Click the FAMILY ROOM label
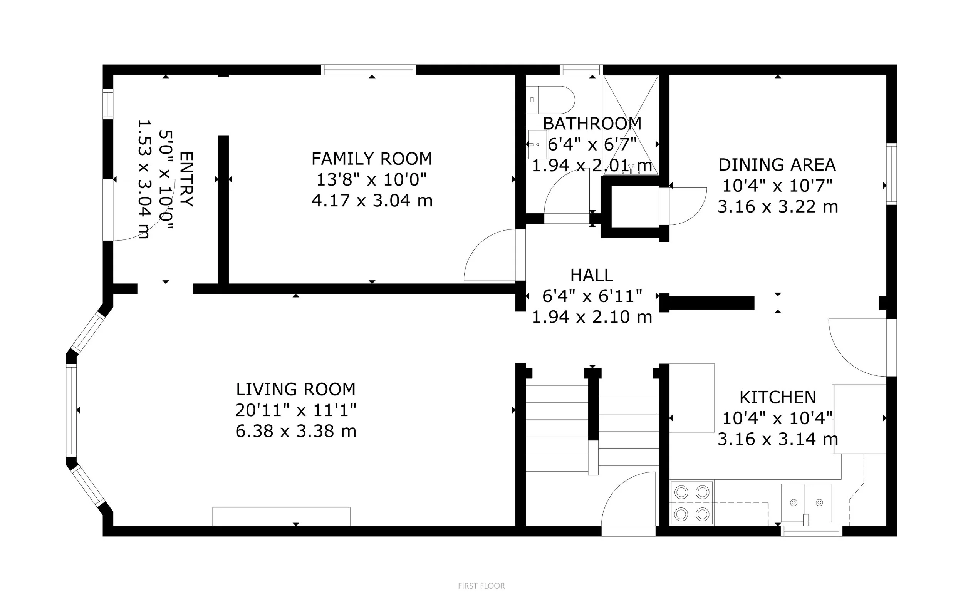coord(372,159)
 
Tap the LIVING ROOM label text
coord(296,389)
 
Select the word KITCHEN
coord(778,397)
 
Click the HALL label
coord(592,275)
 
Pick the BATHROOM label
coord(592,124)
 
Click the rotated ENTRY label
coord(186,179)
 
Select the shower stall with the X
coord(631,125)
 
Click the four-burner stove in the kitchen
coord(692,503)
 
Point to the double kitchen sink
coord(806,503)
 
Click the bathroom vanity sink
coord(538,144)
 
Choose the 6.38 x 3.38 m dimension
coord(296,431)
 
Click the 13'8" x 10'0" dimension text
coord(371,180)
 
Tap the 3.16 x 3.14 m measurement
coord(778,439)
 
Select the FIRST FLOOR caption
coord(481,586)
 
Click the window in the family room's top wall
coord(369,70)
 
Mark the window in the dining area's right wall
coord(892,174)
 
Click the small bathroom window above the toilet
coord(581,70)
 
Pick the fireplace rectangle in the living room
coord(282,516)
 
